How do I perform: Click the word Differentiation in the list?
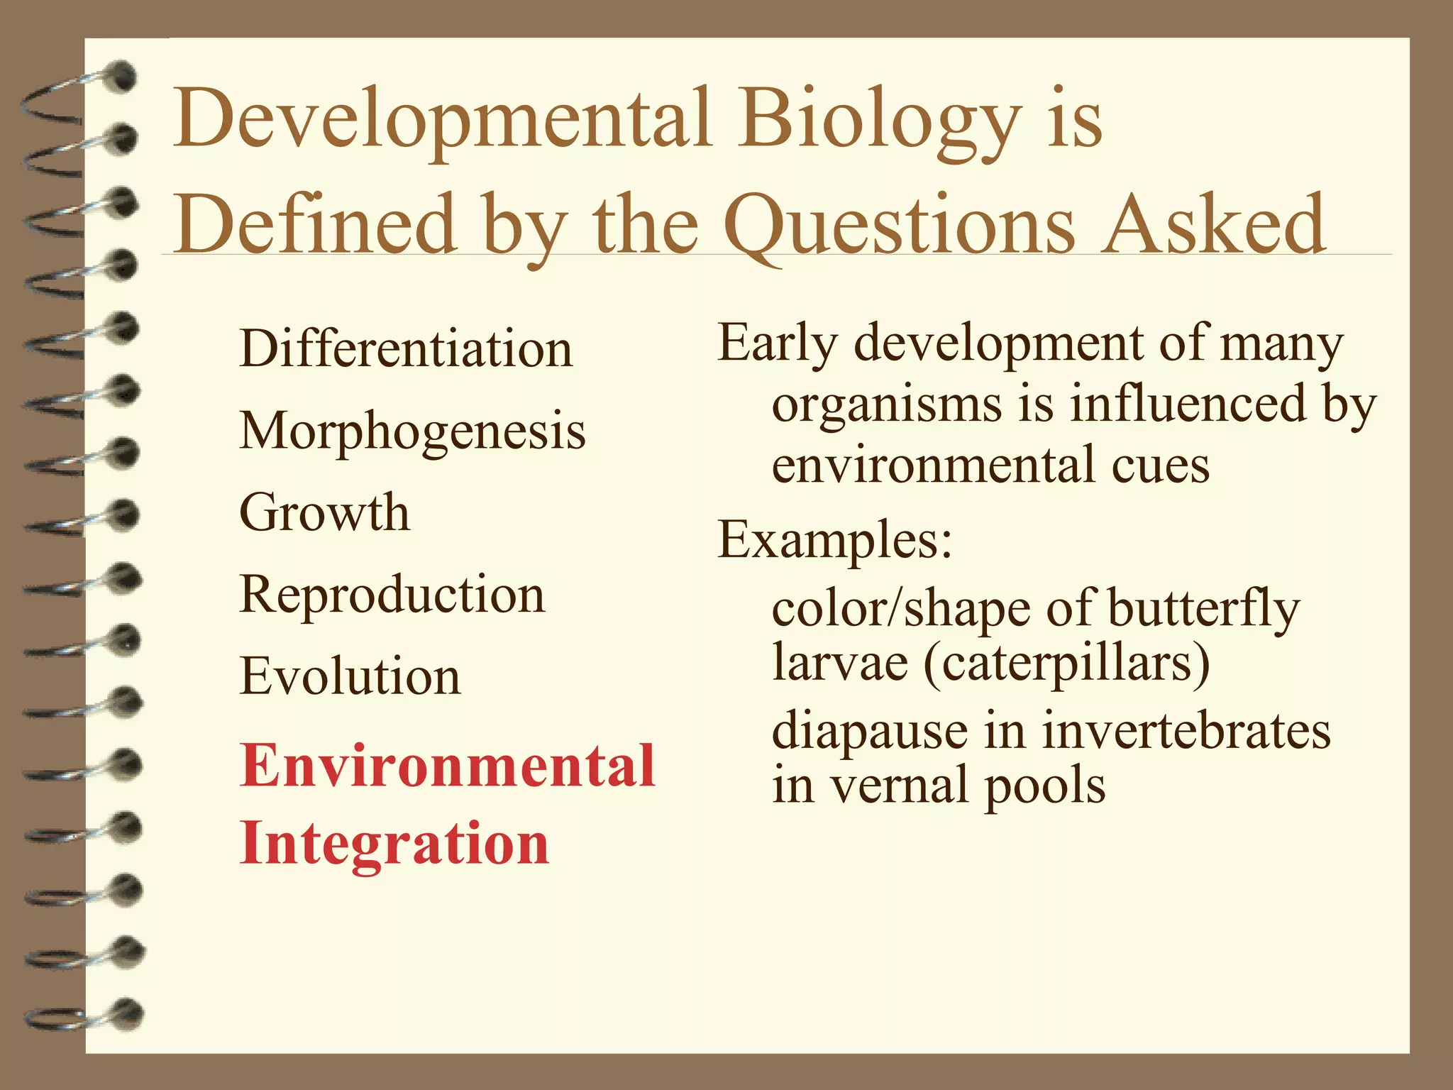coord(406,349)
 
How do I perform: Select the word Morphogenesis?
coord(412,431)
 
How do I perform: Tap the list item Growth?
coord(324,512)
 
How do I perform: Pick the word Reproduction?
coord(392,594)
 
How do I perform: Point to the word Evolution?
coord(350,676)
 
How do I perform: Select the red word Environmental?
coord(448,766)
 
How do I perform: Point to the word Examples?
coord(834,541)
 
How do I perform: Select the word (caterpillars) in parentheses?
coord(1066,663)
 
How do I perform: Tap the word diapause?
coord(870,731)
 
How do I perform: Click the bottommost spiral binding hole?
coord(128,1013)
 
